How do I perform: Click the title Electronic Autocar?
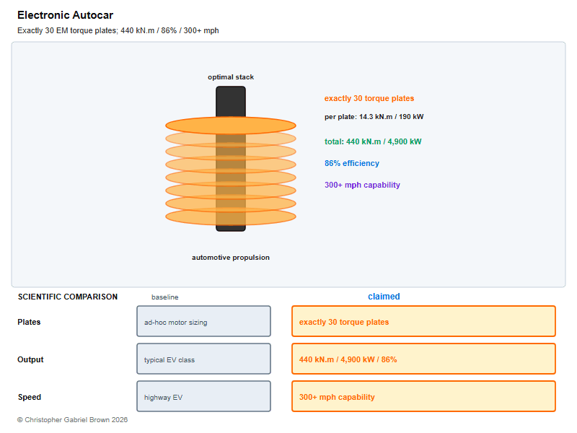65,15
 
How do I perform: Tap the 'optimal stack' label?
231,77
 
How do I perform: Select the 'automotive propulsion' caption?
231,258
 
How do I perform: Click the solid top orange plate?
231,126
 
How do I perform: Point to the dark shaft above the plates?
231,102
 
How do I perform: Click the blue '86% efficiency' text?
352,163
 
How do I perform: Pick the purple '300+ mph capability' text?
362,185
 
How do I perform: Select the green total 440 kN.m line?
373,141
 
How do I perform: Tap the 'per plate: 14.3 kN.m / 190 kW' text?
374,117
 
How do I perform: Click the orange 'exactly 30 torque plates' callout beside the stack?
369,98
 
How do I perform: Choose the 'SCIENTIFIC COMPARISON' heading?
68,297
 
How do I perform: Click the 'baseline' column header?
165,297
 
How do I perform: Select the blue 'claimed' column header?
384,297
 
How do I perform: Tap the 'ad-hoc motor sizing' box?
204,321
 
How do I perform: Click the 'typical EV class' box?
204,359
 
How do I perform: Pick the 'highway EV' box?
204,396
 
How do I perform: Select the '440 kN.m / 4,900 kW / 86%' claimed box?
423,359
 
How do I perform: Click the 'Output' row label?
30,359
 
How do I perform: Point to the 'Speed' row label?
30,397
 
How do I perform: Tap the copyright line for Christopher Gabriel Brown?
73,420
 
